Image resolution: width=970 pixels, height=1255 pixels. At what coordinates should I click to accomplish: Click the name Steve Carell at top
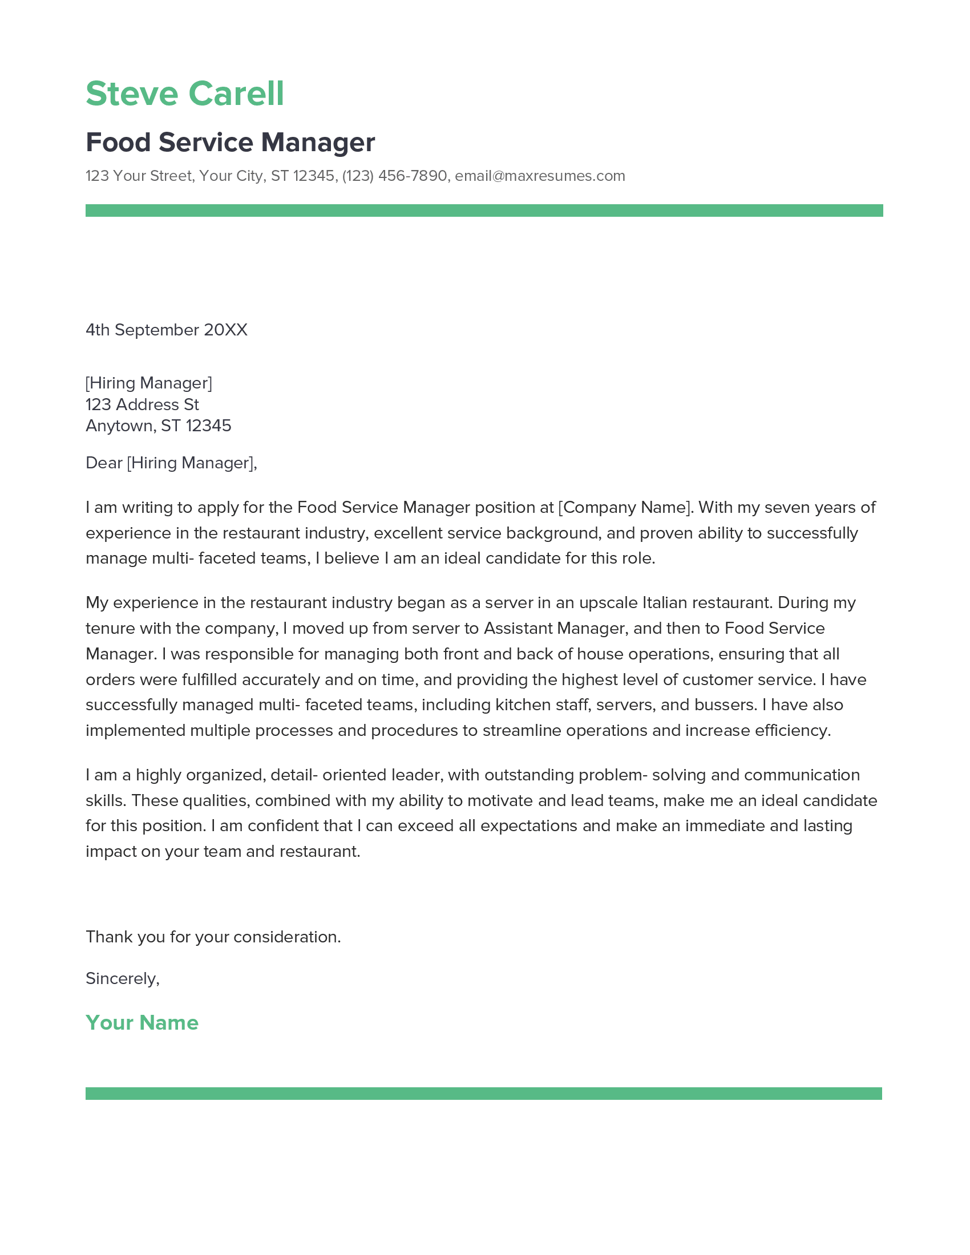tap(184, 94)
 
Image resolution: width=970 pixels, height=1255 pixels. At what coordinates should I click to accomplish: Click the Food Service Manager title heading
tap(230, 143)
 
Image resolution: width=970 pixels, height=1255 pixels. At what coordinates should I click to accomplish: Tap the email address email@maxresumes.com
tap(540, 176)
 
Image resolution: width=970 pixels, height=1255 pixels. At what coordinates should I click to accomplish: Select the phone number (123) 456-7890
tap(394, 176)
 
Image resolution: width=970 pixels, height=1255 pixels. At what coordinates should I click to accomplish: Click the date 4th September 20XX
tap(166, 330)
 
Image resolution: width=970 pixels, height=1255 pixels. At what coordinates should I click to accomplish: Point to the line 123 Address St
tap(142, 404)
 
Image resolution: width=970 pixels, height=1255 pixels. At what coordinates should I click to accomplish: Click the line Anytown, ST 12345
tap(158, 426)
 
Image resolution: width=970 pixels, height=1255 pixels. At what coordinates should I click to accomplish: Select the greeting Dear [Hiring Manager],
tap(171, 463)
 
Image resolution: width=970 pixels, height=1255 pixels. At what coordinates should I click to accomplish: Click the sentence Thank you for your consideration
tap(213, 937)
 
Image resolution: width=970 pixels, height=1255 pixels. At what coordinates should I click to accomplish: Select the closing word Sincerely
tap(121, 978)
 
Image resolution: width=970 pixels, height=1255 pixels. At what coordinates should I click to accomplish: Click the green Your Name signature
tap(142, 1023)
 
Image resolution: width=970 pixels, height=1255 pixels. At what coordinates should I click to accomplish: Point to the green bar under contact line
tap(484, 210)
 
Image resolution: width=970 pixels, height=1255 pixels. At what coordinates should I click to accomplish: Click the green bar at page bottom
tap(484, 1094)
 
